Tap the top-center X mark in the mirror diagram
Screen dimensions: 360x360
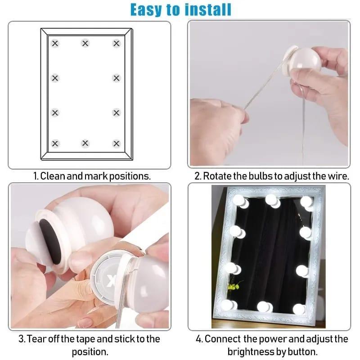(x=85, y=43)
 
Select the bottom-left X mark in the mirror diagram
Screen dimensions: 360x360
(x=55, y=144)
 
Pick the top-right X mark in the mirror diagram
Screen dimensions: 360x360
(x=117, y=43)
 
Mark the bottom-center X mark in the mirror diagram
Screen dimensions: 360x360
(x=85, y=144)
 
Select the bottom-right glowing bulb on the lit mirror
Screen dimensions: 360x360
(x=300, y=309)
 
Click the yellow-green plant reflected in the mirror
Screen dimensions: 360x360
(x=233, y=286)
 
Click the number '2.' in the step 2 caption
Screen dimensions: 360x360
(x=198, y=176)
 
